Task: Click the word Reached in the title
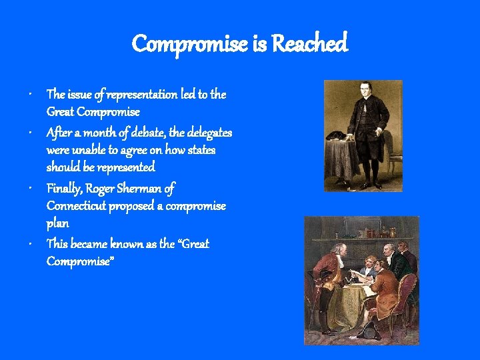pos(310,45)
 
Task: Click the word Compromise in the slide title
pos(189,45)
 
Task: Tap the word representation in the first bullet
pos(139,95)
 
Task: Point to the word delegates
pos(209,133)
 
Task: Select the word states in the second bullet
pos(201,151)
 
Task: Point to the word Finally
pos(63,189)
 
